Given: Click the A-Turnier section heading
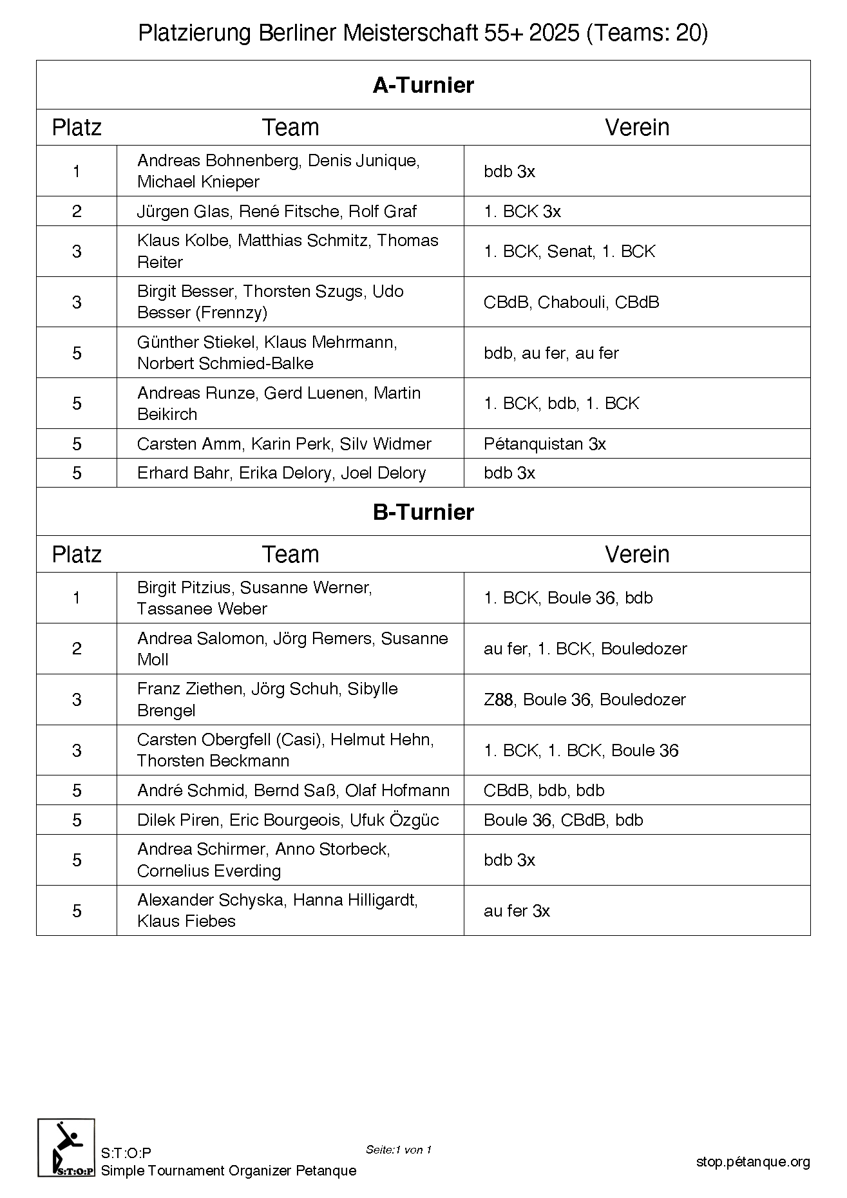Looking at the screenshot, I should (x=423, y=85).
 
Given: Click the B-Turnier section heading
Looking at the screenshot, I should (x=423, y=512).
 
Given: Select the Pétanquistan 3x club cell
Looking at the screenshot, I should (x=544, y=444).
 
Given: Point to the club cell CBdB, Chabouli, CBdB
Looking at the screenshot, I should (x=571, y=302).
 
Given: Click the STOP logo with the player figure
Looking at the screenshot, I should (x=66, y=1147).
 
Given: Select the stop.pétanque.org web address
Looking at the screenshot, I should (x=752, y=1162).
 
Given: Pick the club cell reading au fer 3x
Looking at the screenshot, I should (x=517, y=911).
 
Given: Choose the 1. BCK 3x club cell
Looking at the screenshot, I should (x=522, y=211).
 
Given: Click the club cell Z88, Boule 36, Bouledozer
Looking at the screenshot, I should (x=584, y=699).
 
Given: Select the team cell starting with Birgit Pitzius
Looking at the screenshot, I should (x=254, y=598).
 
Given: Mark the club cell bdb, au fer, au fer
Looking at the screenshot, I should (x=551, y=353).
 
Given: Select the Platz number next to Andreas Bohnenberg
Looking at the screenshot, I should (x=77, y=171).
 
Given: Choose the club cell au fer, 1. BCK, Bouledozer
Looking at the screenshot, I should (x=585, y=649).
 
